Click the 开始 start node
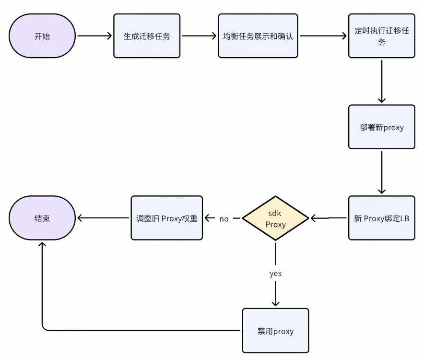tap(42, 36)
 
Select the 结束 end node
tap(42, 218)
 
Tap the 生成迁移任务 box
tap(147, 36)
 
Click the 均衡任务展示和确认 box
tap(258, 36)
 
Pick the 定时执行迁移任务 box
tap(382, 36)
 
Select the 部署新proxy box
tap(382, 127)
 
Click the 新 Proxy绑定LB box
tap(382, 218)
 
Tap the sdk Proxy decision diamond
tap(275, 218)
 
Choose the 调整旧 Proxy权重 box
tap(167, 218)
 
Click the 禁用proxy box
tap(275, 331)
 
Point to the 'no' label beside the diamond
tap(224, 219)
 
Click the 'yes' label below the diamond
tap(275, 274)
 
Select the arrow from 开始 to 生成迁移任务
tap(94, 36)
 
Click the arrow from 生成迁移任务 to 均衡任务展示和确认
tap(199, 36)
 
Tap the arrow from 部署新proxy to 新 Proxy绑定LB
tap(382, 173)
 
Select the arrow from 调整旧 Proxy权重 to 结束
tap(104, 218)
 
